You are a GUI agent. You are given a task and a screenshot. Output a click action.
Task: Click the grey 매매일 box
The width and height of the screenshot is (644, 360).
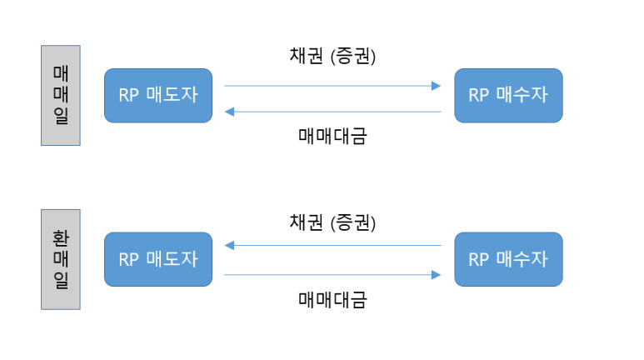click(x=60, y=95)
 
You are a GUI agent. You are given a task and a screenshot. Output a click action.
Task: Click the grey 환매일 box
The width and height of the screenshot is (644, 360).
click(x=60, y=259)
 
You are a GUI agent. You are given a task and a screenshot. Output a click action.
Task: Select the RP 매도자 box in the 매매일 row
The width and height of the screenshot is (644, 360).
click(x=158, y=95)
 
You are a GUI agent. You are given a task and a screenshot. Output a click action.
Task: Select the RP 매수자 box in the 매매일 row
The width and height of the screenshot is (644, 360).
click(x=508, y=95)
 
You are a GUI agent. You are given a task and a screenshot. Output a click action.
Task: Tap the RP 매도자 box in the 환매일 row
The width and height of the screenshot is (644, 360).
click(x=158, y=259)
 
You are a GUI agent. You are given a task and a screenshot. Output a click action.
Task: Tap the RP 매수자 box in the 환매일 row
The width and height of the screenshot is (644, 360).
click(x=508, y=259)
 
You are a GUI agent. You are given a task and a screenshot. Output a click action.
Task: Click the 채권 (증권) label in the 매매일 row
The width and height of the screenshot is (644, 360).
click(x=332, y=57)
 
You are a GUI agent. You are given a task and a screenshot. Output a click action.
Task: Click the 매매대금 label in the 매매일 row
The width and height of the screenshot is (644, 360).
click(x=332, y=135)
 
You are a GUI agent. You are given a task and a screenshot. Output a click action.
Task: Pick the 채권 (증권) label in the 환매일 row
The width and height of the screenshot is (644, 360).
click(x=332, y=222)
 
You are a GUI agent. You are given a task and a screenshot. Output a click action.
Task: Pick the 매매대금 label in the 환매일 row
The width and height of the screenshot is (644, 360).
click(x=332, y=298)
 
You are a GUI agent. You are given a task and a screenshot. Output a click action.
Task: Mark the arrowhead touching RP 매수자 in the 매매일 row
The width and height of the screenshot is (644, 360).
click(x=436, y=85)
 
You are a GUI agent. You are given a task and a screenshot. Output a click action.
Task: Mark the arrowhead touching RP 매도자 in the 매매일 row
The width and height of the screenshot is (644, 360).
click(x=230, y=111)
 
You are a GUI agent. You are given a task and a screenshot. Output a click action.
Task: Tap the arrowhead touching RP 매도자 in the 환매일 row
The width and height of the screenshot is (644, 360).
click(x=230, y=246)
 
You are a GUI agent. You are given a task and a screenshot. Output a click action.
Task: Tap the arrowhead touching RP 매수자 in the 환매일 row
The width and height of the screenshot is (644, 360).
click(x=436, y=273)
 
